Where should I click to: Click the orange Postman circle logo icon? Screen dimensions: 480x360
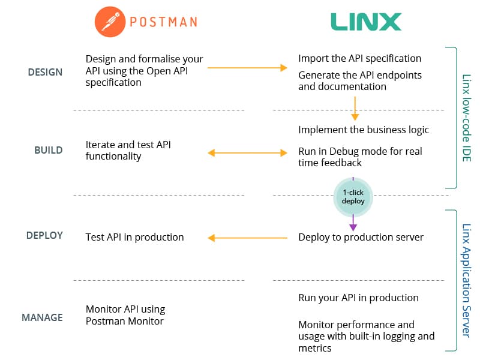[110, 22]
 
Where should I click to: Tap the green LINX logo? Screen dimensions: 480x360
[366, 22]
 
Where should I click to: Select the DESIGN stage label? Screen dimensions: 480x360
[45, 72]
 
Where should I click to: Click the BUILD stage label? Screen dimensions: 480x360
[49, 151]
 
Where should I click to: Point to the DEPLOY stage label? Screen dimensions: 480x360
[44, 235]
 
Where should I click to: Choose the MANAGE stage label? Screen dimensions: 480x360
[42, 317]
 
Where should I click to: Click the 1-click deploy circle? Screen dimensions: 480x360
[353, 197]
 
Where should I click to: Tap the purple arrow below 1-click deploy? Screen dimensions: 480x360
[353, 223]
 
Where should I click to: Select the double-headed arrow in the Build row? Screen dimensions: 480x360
[247, 153]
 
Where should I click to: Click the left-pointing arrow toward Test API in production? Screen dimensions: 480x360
[247, 238]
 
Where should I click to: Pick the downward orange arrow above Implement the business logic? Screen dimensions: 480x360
[355, 109]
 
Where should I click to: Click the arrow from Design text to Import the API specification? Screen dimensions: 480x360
[247, 68]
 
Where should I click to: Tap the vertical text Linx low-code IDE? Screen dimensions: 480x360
[466, 118]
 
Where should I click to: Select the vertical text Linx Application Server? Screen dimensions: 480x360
[466, 280]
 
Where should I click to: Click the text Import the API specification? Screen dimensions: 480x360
[359, 58]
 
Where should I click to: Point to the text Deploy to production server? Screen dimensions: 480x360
[361, 237]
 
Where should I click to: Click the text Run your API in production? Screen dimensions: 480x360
[358, 298]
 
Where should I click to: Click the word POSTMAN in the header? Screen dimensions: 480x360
[163, 22]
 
